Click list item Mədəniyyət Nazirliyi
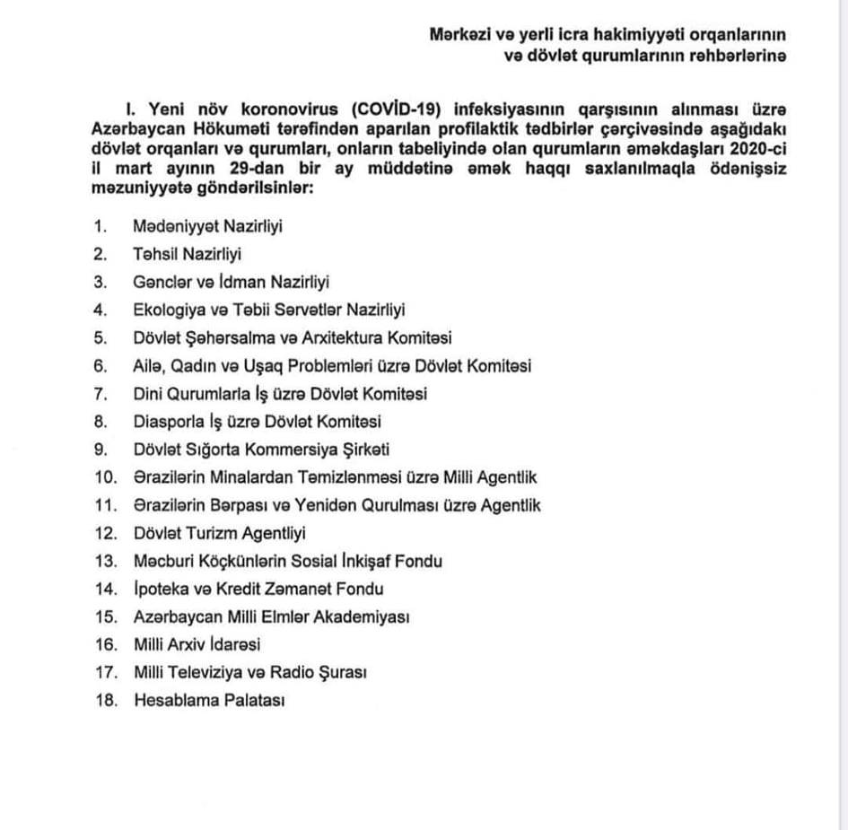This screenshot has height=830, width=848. [207, 226]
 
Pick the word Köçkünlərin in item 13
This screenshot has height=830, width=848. [226, 561]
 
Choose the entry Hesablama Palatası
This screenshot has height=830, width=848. [208, 701]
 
